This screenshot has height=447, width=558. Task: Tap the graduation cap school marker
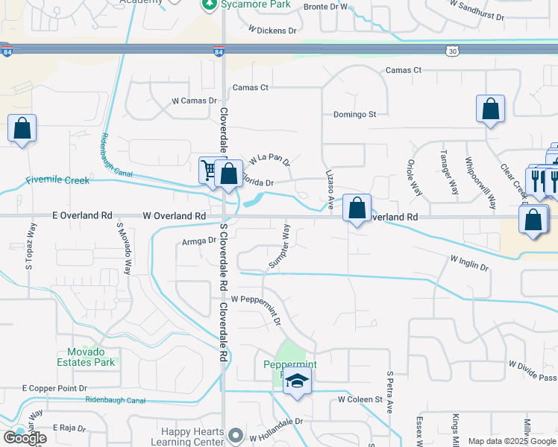coord(297,381)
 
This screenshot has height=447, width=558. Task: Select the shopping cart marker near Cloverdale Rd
coord(209,171)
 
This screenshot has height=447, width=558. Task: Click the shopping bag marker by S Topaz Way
coord(22,128)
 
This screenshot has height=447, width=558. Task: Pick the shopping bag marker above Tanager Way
coord(490,110)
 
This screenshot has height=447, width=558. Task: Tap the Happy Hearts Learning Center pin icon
coord(236,434)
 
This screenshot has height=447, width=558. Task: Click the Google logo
coord(25,438)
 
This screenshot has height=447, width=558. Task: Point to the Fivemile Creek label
coord(57,180)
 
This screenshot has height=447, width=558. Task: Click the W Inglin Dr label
coord(469,263)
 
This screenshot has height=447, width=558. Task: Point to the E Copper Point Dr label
coord(54,389)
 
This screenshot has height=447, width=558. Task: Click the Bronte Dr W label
coord(327,7)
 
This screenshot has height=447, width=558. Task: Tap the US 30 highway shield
coord(451,51)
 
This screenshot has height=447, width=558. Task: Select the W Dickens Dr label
coord(272,31)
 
